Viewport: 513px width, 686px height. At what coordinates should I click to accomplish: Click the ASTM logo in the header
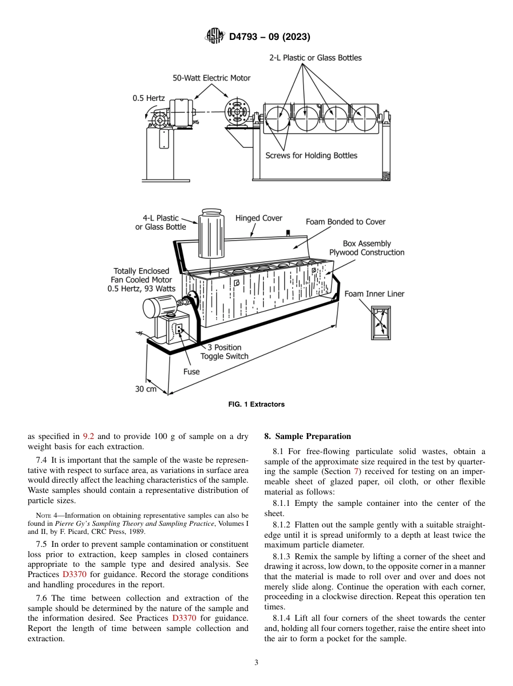(215, 37)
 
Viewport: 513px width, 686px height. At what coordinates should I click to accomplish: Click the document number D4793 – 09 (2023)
(269, 37)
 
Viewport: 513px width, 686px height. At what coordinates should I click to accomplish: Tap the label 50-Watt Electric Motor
(211, 78)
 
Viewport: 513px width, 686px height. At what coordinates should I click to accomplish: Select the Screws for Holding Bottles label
(311, 156)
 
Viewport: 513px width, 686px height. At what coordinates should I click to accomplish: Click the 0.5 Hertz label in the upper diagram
(148, 99)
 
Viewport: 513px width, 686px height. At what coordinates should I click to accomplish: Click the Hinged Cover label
(259, 218)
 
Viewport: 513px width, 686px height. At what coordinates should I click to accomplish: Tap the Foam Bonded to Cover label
(345, 222)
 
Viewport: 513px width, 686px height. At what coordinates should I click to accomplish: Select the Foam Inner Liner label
(374, 294)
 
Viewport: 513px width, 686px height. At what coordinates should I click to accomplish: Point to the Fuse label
(191, 372)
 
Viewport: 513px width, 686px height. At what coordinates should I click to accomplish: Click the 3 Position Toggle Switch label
(224, 352)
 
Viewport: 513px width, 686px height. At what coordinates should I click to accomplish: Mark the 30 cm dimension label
(146, 389)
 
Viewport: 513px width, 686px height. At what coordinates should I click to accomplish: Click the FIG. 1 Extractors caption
(256, 404)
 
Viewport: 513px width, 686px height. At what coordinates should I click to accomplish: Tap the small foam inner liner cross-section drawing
(380, 322)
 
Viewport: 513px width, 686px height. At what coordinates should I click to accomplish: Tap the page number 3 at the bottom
(256, 662)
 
